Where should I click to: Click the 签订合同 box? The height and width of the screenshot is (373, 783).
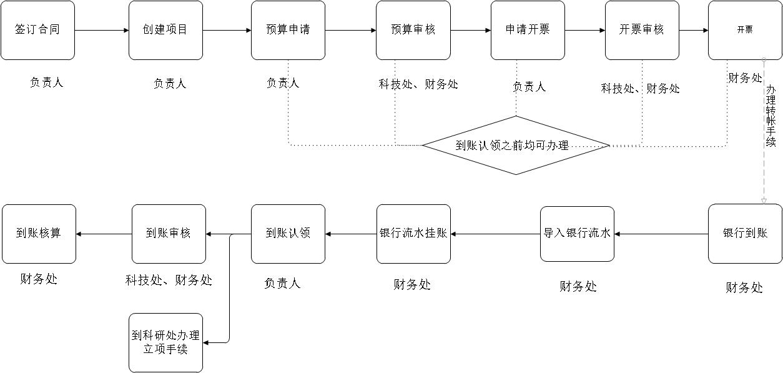click(x=37, y=30)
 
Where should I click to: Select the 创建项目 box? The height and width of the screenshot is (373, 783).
click(x=165, y=30)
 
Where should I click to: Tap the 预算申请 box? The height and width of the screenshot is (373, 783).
click(x=288, y=30)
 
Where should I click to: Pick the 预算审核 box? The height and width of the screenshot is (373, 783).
click(x=413, y=30)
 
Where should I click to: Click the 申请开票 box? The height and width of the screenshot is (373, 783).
click(x=528, y=30)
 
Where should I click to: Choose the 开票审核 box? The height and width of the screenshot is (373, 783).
click(x=642, y=30)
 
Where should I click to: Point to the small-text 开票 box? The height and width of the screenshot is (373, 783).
click(x=745, y=30)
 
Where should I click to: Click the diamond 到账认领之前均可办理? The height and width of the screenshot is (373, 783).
click(x=516, y=146)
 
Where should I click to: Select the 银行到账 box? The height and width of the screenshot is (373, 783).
click(x=745, y=234)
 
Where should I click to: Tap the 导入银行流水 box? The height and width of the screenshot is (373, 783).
click(x=577, y=234)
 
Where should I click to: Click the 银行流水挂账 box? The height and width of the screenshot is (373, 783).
click(x=413, y=234)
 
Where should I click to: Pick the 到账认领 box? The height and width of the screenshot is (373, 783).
click(x=288, y=234)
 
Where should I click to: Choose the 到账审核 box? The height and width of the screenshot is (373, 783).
click(x=169, y=234)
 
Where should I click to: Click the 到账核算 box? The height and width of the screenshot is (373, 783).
click(x=39, y=234)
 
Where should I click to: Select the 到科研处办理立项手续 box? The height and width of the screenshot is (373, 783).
click(x=165, y=342)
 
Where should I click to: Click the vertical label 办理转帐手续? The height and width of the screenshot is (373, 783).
click(x=771, y=116)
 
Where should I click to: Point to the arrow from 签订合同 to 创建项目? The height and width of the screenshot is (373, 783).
click(x=101, y=30)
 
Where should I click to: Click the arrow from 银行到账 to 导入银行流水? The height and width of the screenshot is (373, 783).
click(x=661, y=234)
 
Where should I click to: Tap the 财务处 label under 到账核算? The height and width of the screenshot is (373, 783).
click(x=39, y=279)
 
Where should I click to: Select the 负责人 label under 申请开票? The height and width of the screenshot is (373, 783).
click(x=529, y=87)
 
